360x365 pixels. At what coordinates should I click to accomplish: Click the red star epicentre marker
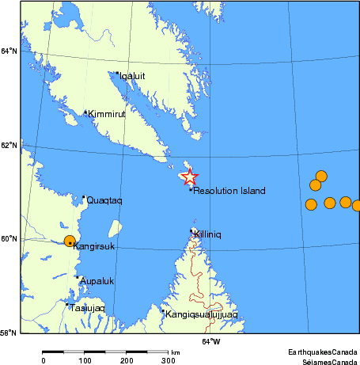pyautogui.click(x=189, y=177)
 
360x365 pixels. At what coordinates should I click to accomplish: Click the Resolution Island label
pyautogui.click(x=229, y=191)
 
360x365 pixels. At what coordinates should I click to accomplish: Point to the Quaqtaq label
pyautogui.click(x=104, y=200)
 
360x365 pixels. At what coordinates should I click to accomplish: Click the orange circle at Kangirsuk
pyautogui.click(x=70, y=241)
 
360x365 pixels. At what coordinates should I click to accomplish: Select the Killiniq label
pyautogui.click(x=210, y=235)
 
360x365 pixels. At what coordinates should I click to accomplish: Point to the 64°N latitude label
pyautogui.click(x=9, y=51)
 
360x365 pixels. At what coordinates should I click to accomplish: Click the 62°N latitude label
pyautogui.click(x=9, y=146)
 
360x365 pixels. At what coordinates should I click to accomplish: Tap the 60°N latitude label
pyautogui.click(x=9, y=239)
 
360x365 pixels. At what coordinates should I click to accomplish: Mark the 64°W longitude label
pyautogui.click(x=210, y=342)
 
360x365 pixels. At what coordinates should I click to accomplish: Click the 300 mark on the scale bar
pyautogui.click(x=168, y=361)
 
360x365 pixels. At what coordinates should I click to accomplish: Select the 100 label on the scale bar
pyautogui.click(x=85, y=361)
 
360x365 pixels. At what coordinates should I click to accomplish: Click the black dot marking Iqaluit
pyautogui.click(x=117, y=74)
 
